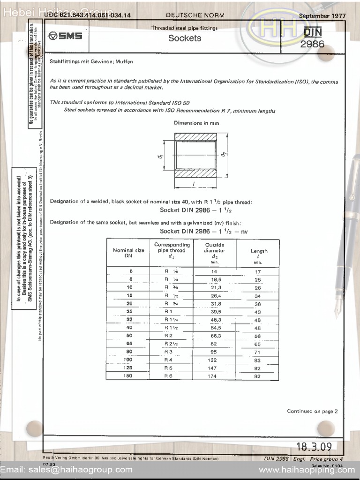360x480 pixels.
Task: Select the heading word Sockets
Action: pyautogui.click(x=185, y=38)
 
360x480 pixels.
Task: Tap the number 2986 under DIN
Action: pyautogui.click(x=312, y=45)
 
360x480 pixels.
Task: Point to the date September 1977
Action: pyautogui.click(x=322, y=15)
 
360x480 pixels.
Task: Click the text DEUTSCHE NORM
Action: pyautogui.click(x=195, y=15)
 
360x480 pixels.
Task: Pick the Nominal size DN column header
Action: pyautogui.click(x=128, y=253)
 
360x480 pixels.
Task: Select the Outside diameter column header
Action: pyautogui.click(x=215, y=251)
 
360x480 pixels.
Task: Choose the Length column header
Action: pyautogui.click(x=258, y=254)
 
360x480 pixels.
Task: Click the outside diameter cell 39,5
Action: pyautogui.click(x=214, y=312)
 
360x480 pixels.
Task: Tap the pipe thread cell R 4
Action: pyautogui.click(x=169, y=360)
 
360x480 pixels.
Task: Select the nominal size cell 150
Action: pyautogui.click(x=128, y=376)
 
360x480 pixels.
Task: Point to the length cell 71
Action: pyautogui.click(x=257, y=352)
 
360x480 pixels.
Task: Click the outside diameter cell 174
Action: pyautogui.click(x=212, y=376)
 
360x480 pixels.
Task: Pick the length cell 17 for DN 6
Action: pyautogui.click(x=257, y=272)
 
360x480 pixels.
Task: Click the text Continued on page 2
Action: pyautogui.click(x=312, y=411)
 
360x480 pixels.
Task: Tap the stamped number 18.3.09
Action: pyautogui.click(x=313, y=446)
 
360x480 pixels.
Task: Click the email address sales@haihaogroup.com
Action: pyautogui.click(x=67, y=469)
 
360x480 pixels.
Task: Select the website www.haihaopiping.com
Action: pyautogui.click(x=307, y=469)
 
